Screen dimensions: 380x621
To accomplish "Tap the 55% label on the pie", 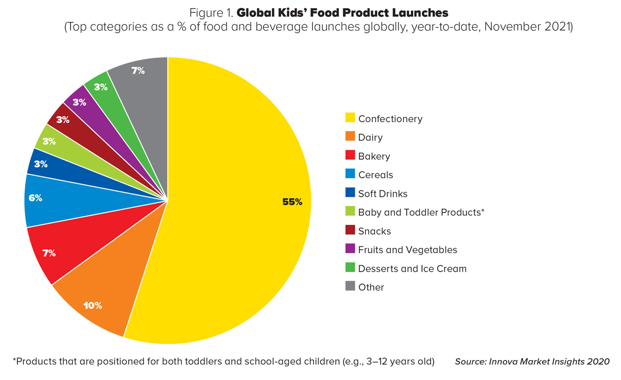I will pos(292,202).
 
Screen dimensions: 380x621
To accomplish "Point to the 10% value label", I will pos(92,305).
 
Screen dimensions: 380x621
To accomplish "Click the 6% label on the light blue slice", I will pos(35,198).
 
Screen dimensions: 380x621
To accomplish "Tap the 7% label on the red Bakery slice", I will pos(49,253).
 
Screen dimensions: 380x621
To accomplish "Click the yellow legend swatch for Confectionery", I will pos(350,118).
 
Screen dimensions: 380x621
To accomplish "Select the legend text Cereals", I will pos(375,175).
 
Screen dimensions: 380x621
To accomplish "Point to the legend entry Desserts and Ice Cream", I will pos(412,269).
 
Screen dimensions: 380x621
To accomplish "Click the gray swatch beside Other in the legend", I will pos(350,287).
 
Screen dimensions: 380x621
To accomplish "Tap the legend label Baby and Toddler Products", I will pos(419,212).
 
